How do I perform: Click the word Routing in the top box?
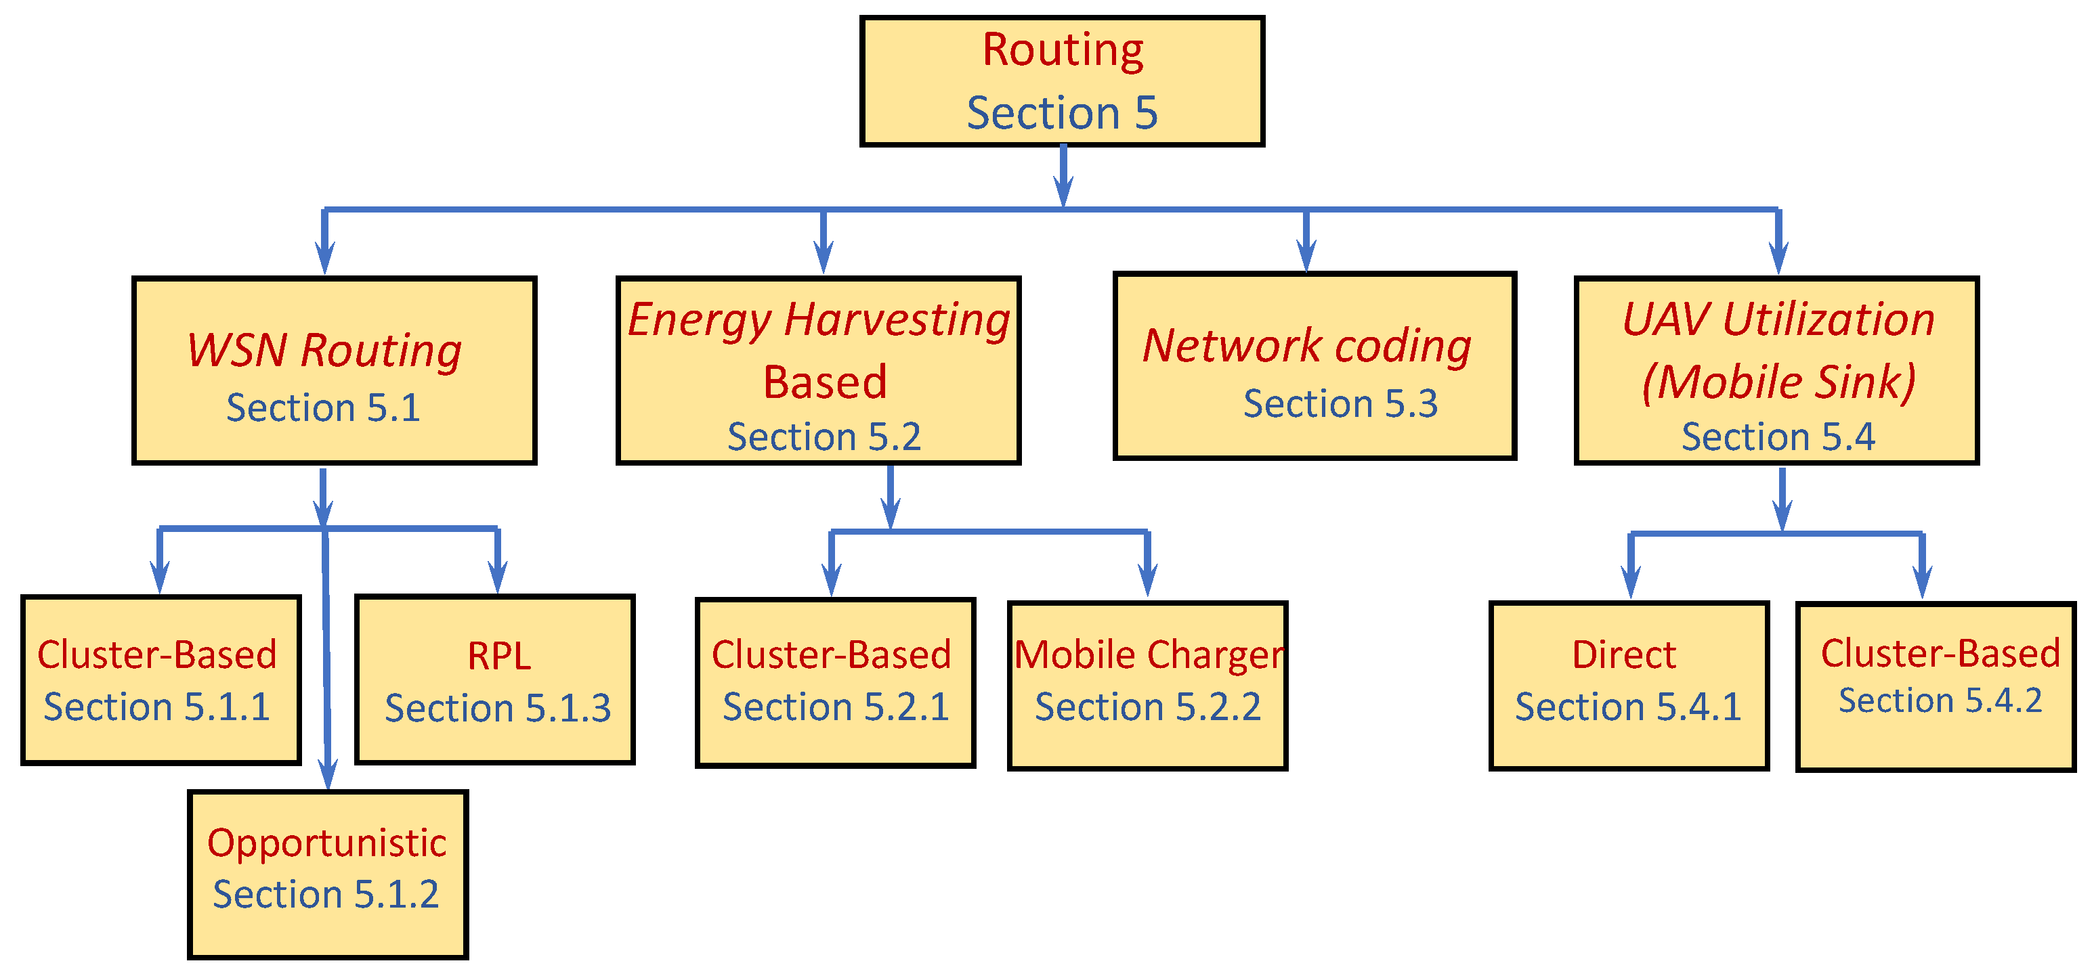[1063, 50]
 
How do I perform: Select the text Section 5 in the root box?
[1062, 112]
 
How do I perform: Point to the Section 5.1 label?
[323, 407]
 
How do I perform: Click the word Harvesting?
[897, 319]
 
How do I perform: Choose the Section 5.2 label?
[824, 437]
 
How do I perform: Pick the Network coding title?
[1306, 345]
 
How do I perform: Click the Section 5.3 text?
[1340, 403]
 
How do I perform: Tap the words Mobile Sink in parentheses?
[1778, 381]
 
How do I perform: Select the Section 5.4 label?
[1778, 437]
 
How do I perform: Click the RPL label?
[499, 656]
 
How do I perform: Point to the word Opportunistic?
[327, 843]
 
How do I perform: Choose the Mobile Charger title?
[1149, 655]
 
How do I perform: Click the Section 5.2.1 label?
[836, 706]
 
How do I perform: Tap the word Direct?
[1623, 655]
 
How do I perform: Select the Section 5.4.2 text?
[1940, 700]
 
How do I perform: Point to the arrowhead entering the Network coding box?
[1306, 258]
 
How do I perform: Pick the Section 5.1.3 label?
[498, 708]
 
